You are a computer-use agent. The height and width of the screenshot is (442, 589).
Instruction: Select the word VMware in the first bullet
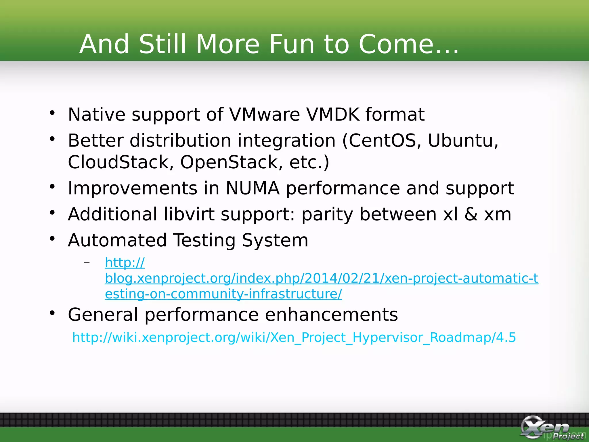pos(264,115)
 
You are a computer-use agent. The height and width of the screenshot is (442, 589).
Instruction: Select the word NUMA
pos(252,188)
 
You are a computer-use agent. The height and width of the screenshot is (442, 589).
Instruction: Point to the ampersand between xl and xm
pos(471,214)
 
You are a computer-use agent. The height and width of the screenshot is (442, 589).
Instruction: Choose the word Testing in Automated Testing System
pos(205,240)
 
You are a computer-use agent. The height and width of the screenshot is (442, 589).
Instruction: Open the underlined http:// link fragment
pos(125,262)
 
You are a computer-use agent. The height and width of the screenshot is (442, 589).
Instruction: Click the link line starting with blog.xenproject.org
pos(321,278)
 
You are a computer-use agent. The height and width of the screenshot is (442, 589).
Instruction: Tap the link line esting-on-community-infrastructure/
pos(223,294)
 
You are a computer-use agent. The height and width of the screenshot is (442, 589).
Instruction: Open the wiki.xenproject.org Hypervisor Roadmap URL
pos(294,337)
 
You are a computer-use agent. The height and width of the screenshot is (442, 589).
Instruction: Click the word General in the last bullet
pos(103,315)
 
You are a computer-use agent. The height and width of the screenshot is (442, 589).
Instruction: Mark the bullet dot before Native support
pos(52,113)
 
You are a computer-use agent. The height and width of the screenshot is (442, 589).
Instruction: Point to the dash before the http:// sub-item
pos(87,262)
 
